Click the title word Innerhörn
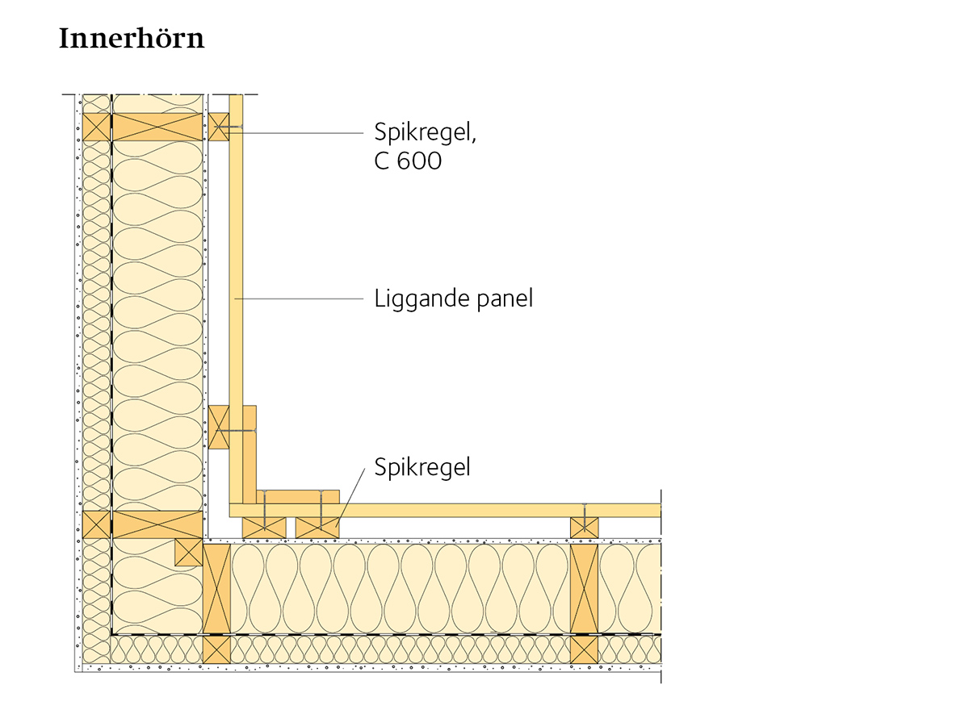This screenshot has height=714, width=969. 132,38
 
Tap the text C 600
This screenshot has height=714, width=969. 408,161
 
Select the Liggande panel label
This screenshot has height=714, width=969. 453,299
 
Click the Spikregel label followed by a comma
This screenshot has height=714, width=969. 426,132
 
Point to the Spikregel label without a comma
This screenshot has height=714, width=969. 422,467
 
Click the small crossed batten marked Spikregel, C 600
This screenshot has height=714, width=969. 219,127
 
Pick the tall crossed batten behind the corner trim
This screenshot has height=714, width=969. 219,427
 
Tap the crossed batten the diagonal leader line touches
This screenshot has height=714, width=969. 317,528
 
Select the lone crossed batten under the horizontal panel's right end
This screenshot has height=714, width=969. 585,528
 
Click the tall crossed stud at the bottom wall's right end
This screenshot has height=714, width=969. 584,589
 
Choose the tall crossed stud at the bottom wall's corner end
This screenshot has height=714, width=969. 216,589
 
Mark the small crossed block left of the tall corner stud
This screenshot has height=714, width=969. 189,552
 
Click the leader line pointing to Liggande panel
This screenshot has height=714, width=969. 299,299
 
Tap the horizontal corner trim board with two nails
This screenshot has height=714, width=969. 298,497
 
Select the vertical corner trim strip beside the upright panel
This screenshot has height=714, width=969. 250,455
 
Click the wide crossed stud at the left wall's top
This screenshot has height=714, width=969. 157,127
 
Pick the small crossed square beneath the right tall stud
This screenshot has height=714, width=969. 584,649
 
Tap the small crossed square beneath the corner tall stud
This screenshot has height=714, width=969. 216,649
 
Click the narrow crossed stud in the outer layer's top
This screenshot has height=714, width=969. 96,127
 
